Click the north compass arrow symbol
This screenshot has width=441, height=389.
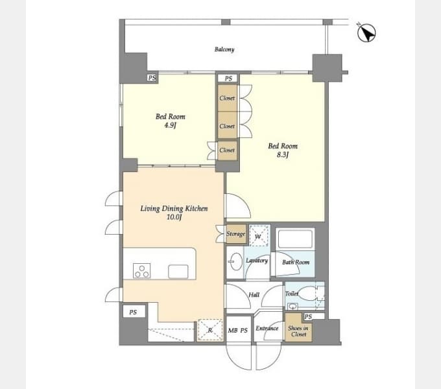coord(366,33)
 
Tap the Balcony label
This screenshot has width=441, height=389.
coord(224,49)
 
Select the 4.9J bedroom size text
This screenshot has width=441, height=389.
coord(170,125)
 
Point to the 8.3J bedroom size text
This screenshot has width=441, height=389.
coord(283,155)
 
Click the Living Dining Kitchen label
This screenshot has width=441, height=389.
coord(174,208)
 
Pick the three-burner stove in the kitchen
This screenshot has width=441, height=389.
coord(141,270)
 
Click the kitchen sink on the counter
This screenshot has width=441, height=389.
coord(178,272)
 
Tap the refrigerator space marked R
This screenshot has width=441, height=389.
coord(210,330)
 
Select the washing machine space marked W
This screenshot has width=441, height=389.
coord(259,235)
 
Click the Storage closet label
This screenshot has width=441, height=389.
coord(235,234)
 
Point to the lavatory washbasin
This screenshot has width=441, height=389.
coord(235,261)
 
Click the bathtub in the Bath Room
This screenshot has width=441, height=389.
coord(295,239)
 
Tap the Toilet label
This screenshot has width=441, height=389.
coord(292,294)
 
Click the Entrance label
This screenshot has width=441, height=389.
coord(267,328)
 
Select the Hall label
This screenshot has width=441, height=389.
coord(254,295)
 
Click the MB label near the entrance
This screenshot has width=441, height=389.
coord(233,331)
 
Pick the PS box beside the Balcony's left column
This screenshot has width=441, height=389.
coord(152,78)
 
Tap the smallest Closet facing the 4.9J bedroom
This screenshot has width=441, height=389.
coord(227,150)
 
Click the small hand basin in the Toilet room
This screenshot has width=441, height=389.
coord(292,306)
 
